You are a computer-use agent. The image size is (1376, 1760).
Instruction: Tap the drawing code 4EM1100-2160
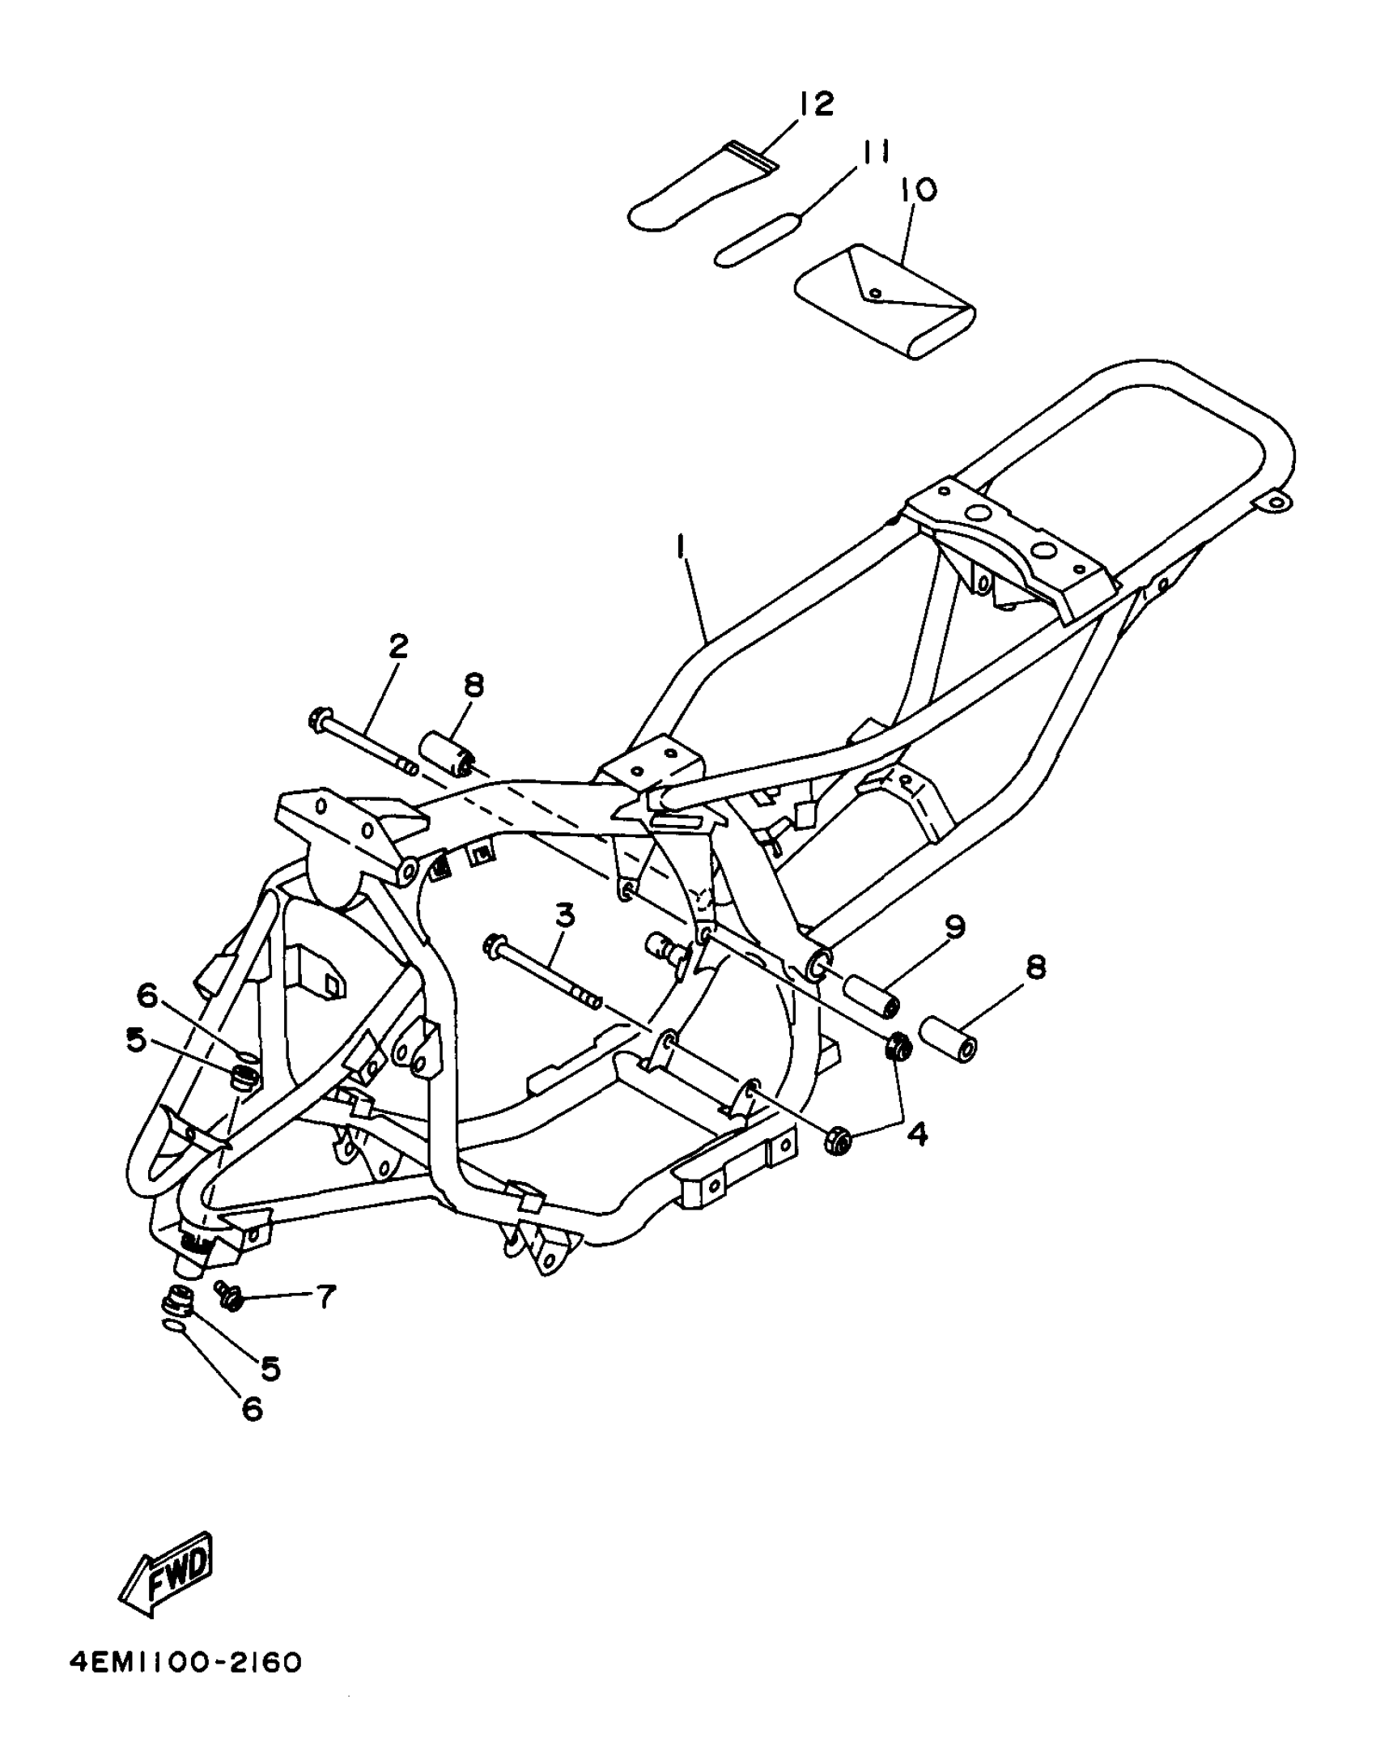186,1662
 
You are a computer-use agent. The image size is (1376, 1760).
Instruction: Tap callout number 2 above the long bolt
397,646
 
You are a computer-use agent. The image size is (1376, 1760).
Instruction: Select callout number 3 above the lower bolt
564,916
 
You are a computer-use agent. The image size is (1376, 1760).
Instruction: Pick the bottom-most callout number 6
252,1408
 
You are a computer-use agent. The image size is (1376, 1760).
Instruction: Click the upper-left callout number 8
474,685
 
